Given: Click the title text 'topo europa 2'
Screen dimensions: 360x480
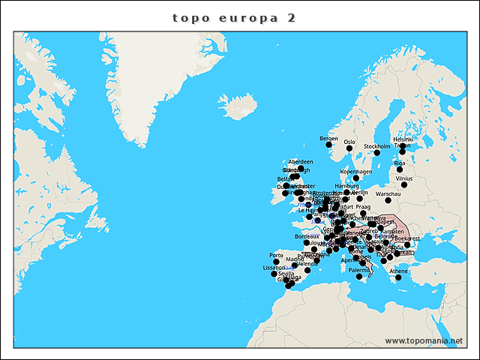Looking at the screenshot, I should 233,17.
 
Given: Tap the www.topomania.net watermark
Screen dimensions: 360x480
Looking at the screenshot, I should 424,340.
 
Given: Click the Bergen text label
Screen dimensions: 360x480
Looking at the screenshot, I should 328,138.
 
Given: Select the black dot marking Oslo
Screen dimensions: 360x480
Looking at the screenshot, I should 349,148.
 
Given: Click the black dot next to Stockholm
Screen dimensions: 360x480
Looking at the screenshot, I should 376,153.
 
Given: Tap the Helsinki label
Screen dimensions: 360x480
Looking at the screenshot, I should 403,139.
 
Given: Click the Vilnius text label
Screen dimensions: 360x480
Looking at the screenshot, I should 403,178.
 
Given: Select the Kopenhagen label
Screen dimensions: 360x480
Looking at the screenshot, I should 355,171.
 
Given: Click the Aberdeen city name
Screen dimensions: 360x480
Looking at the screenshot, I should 301,161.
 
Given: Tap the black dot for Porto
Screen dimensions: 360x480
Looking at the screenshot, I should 276,262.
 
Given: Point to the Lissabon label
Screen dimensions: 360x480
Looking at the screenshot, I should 274,267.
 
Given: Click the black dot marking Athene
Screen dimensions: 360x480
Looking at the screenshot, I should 398,277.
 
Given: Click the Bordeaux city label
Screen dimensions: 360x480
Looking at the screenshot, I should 307,236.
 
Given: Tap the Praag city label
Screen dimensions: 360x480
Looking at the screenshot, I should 363,206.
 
